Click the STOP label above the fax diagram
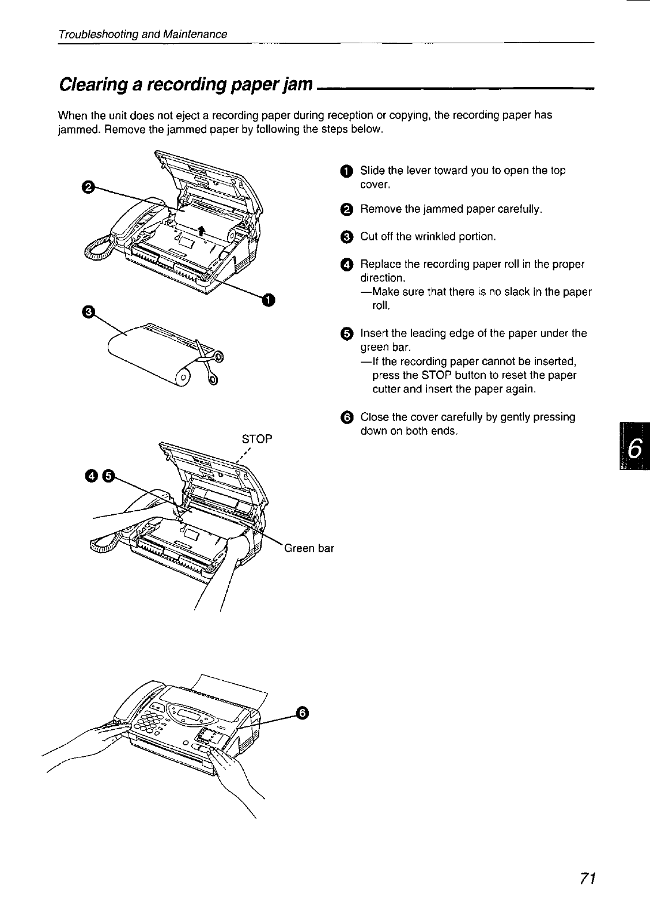pos(256,438)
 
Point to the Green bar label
pos(309,548)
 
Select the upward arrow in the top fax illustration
pos(201,232)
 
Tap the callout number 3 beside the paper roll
pos(88,311)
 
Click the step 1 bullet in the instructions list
pos(345,171)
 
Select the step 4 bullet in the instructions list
pos(345,265)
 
